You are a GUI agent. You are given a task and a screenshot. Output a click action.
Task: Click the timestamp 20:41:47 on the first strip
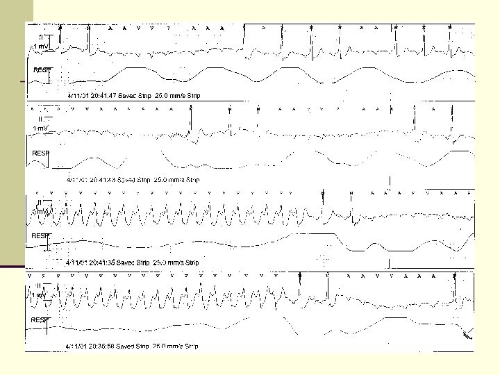pos(101,95)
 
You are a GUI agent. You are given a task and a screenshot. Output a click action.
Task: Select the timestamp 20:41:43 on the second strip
pos(101,179)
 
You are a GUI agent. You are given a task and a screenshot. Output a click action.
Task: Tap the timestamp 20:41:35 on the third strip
pos(101,262)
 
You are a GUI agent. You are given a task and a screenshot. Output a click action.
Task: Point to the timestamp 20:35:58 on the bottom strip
pos(101,346)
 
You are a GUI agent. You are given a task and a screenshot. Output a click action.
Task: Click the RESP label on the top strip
pos(41,70)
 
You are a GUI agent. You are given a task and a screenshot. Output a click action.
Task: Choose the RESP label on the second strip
pos(41,153)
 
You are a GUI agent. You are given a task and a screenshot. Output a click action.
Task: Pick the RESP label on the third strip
pos(40,236)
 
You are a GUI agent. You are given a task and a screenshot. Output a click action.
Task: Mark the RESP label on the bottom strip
pos(40,319)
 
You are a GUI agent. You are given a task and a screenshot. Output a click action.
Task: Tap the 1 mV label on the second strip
pos(40,129)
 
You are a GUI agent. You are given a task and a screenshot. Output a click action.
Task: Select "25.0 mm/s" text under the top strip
pos(169,95)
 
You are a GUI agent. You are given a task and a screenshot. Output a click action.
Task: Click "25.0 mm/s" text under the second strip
pos(169,179)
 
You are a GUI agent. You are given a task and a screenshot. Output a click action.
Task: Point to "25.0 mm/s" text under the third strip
pos(169,262)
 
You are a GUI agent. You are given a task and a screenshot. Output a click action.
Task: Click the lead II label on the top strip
pos(41,36)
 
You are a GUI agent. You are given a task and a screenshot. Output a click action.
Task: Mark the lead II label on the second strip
pos(38,119)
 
